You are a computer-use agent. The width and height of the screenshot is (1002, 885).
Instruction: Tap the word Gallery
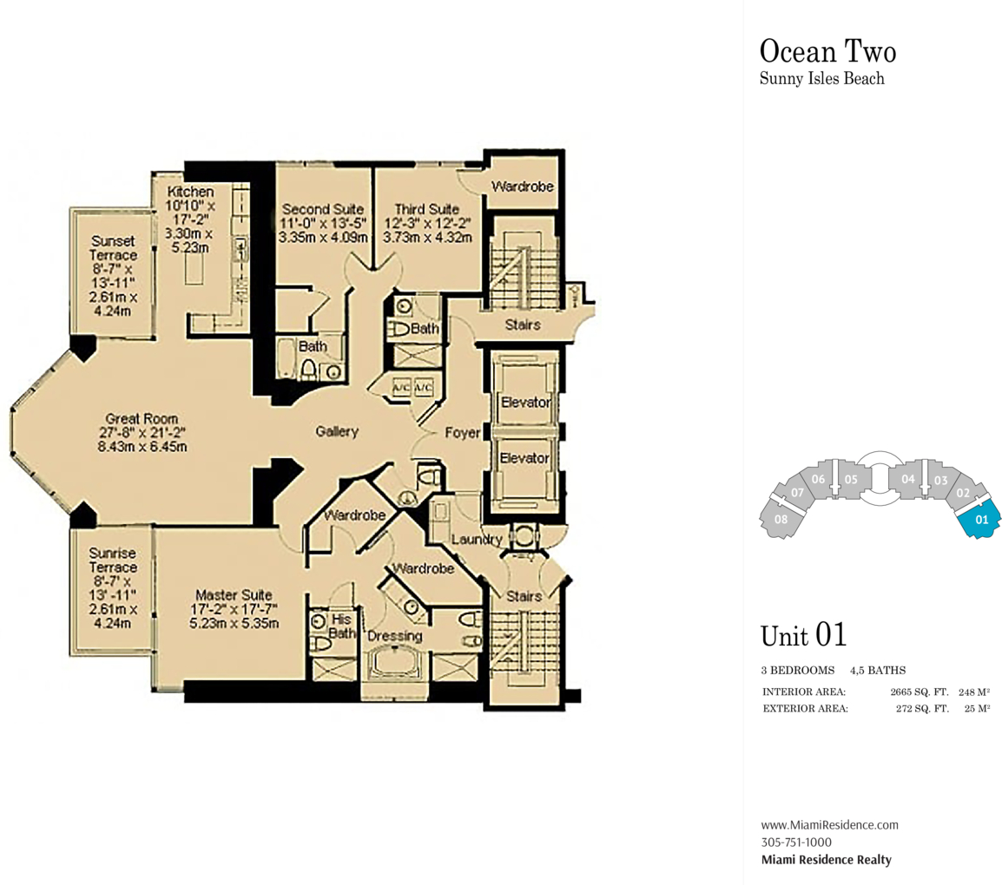click(337, 431)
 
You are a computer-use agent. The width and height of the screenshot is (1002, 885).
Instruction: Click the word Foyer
click(463, 433)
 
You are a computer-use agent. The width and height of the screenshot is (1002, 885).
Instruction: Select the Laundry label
click(477, 540)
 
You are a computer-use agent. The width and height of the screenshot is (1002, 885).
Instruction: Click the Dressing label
click(395, 636)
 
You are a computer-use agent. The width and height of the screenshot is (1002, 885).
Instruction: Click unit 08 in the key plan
click(781, 519)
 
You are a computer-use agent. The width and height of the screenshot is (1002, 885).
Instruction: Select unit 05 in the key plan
click(851, 480)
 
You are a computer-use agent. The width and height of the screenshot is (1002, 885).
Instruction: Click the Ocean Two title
click(828, 51)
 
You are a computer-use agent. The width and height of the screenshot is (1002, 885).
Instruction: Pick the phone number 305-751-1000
click(796, 842)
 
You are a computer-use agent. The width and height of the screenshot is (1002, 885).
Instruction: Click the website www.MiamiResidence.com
click(829, 824)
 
